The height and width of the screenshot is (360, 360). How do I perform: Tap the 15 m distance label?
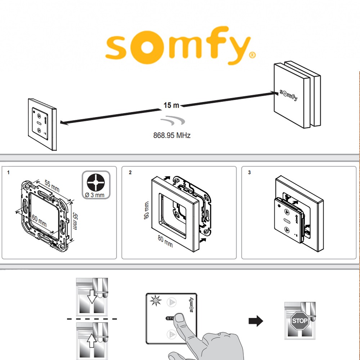click(x=171, y=105)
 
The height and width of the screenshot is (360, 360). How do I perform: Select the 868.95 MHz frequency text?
click(x=172, y=136)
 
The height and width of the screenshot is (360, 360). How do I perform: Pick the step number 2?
click(x=130, y=172)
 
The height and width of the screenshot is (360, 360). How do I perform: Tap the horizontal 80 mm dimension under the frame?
click(x=165, y=242)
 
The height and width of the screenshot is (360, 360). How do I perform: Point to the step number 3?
click(x=249, y=172)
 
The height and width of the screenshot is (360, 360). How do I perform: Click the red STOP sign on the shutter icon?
click(x=300, y=321)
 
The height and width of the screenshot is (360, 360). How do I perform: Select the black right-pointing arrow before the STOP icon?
click(x=256, y=321)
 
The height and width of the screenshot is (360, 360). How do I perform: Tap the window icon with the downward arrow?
click(x=92, y=297)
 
